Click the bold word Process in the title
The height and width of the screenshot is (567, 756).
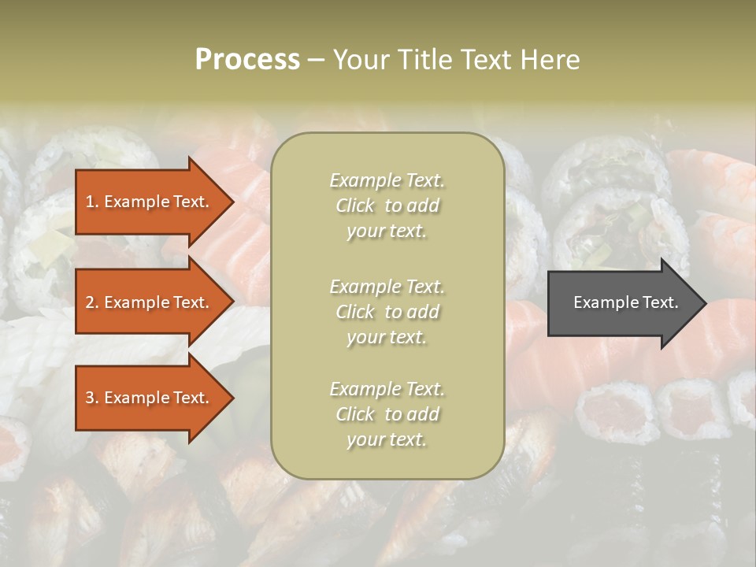tap(247, 59)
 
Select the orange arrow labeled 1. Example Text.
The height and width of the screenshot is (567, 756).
tap(150, 202)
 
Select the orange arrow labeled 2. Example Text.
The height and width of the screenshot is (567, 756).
tap(150, 302)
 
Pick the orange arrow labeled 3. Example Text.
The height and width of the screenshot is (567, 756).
tap(150, 398)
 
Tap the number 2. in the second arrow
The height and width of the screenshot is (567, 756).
tap(92, 302)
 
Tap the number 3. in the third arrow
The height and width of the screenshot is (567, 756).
tap(92, 398)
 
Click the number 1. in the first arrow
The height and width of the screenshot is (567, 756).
tap(92, 202)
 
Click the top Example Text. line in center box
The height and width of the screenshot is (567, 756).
tap(387, 180)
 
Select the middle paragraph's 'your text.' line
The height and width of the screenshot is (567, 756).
tap(387, 337)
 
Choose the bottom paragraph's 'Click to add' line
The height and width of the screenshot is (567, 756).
tap(387, 414)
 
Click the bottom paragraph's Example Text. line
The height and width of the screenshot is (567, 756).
tap(387, 389)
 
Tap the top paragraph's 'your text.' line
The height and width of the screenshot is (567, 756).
tap(387, 231)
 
